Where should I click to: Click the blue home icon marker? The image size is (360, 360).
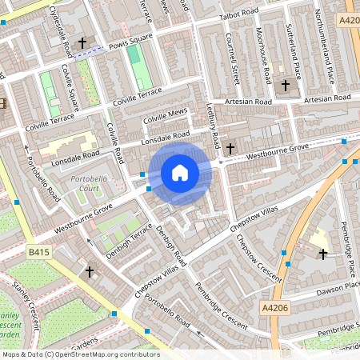coord(180,172)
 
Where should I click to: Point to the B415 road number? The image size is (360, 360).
coord(38,252)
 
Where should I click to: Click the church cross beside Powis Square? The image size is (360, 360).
coord(82,42)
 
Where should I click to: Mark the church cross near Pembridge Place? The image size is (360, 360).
coord(323,254)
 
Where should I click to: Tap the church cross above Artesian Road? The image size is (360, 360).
coord(286,86)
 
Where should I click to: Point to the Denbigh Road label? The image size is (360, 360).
coord(172,245)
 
